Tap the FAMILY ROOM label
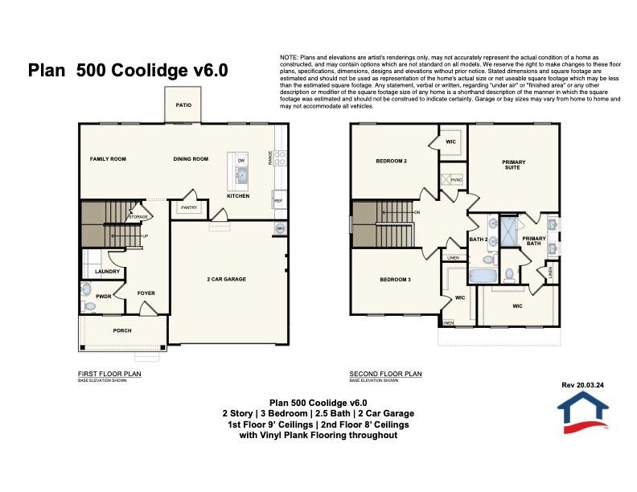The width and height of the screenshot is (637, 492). pyautogui.click(x=108, y=159)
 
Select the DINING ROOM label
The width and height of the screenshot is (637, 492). pyautogui.click(x=191, y=159)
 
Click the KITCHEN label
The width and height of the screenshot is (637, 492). pyautogui.click(x=238, y=196)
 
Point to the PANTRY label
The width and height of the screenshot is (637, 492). pyautogui.click(x=189, y=207)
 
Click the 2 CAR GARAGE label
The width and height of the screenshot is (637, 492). pyautogui.click(x=227, y=279)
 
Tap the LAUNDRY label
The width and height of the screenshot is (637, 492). pyautogui.click(x=107, y=272)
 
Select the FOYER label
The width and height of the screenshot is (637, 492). pyautogui.click(x=146, y=293)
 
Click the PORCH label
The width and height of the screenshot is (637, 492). pyautogui.click(x=121, y=330)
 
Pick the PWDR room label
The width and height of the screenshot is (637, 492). pyautogui.click(x=103, y=297)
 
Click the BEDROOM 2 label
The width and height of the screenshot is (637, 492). pyautogui.click(x=392, y=162)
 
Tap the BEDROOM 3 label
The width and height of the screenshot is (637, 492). pyautogui.click(x=396, y=280)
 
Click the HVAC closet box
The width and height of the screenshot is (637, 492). pyautogui.click(x=455, y=180)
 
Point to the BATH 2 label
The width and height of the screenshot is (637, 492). pyautogui.click(x=479, y=239)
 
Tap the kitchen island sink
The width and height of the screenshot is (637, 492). pyautogui.click(x=240, y=172)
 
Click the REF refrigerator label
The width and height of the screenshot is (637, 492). pyautogui.click(x=278, y=201)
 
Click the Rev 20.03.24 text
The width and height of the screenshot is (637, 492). pyautogui.click(x=582, y=385)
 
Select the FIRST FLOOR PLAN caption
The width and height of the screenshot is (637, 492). pyautogui.click(x=109, y=374)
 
